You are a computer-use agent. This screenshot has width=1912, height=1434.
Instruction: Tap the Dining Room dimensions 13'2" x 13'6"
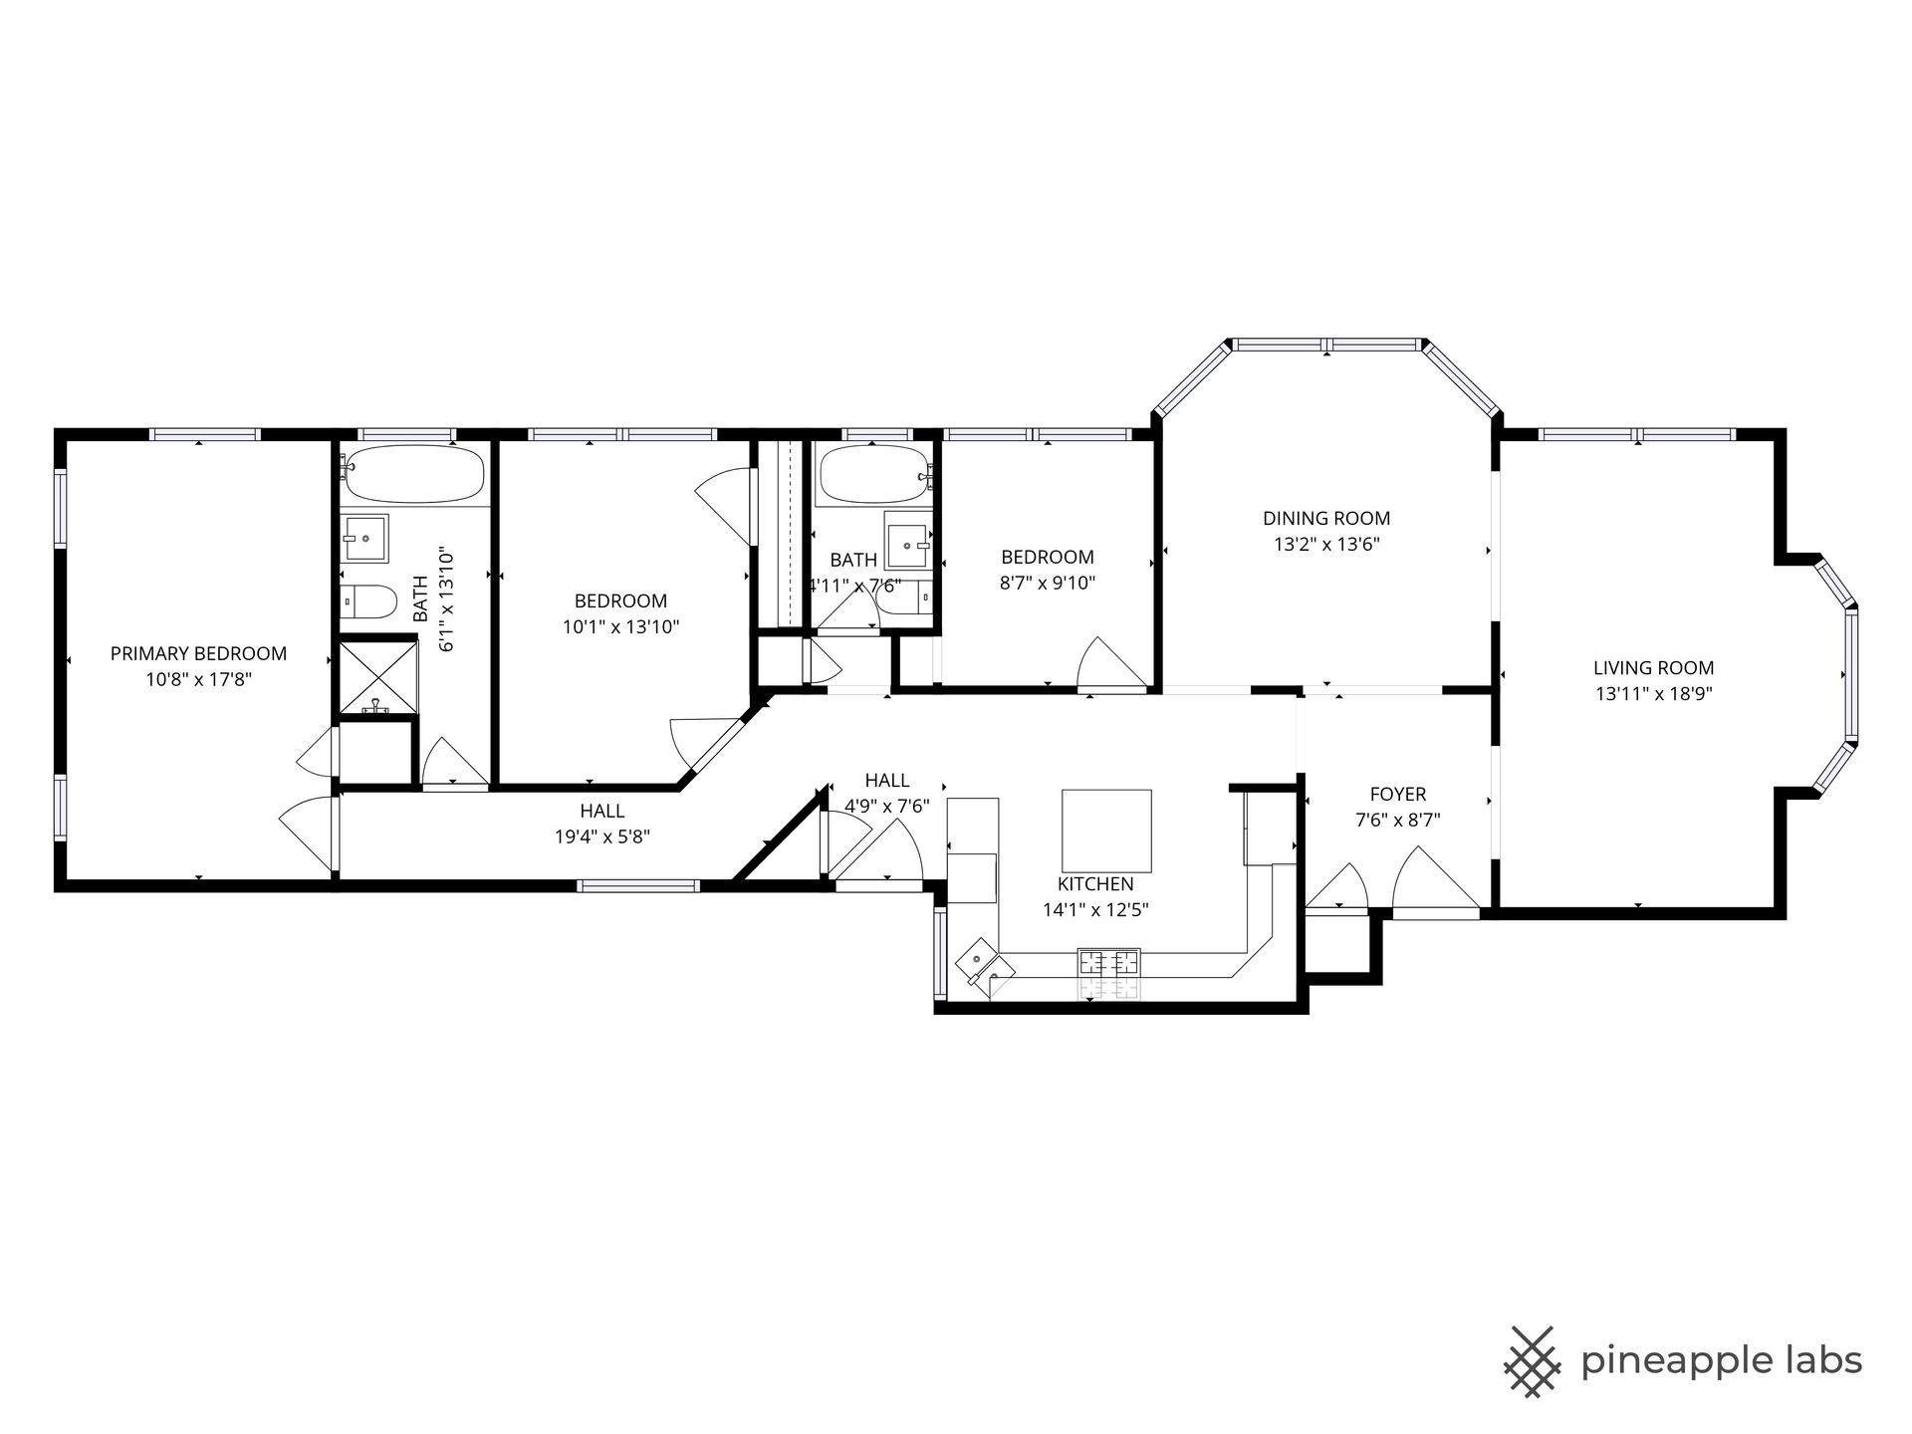(1326, 545)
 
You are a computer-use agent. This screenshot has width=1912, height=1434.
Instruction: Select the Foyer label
(1398, 794)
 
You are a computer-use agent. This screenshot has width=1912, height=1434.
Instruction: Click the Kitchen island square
(1106, 831)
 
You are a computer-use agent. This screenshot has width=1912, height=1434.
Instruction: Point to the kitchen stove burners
(1108, 962)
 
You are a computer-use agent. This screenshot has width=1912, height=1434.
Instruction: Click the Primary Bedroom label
(198, 654)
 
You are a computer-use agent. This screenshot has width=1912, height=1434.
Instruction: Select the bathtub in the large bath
(414, 475)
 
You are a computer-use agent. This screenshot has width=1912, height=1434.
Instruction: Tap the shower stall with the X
(378, 678)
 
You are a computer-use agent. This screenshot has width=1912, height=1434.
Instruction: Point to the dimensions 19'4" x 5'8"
(602, 837)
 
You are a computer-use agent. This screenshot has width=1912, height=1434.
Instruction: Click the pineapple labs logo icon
(1535, 1360)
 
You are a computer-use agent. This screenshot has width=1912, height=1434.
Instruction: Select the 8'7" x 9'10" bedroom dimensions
(1048, 584)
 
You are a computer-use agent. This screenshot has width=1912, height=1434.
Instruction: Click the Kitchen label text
(1095, 884)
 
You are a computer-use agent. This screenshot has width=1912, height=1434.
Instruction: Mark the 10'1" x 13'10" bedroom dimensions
(620, 627)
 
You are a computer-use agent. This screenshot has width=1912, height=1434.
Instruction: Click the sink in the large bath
(364, 539)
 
